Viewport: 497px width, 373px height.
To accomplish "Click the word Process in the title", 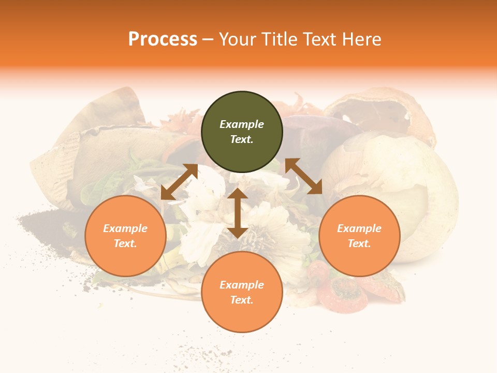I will pos(163,39).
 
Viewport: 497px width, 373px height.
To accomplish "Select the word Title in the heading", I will pos(281,39).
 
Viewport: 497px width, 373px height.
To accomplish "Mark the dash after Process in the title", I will pos(208,40).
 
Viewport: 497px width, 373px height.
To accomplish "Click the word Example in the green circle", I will pos(242,124).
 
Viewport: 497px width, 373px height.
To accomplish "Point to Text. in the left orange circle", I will pos(125,243).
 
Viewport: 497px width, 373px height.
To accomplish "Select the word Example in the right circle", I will pos(359,228).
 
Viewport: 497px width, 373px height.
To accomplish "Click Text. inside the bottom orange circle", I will pos(242,300).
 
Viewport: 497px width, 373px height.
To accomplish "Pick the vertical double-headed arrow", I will pos(238,213).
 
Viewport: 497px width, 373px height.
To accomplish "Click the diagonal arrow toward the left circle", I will pos(179,182).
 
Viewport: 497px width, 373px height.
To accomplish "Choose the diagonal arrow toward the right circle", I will pos(303,176).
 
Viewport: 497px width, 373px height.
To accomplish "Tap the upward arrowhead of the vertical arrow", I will pos(238,193).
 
